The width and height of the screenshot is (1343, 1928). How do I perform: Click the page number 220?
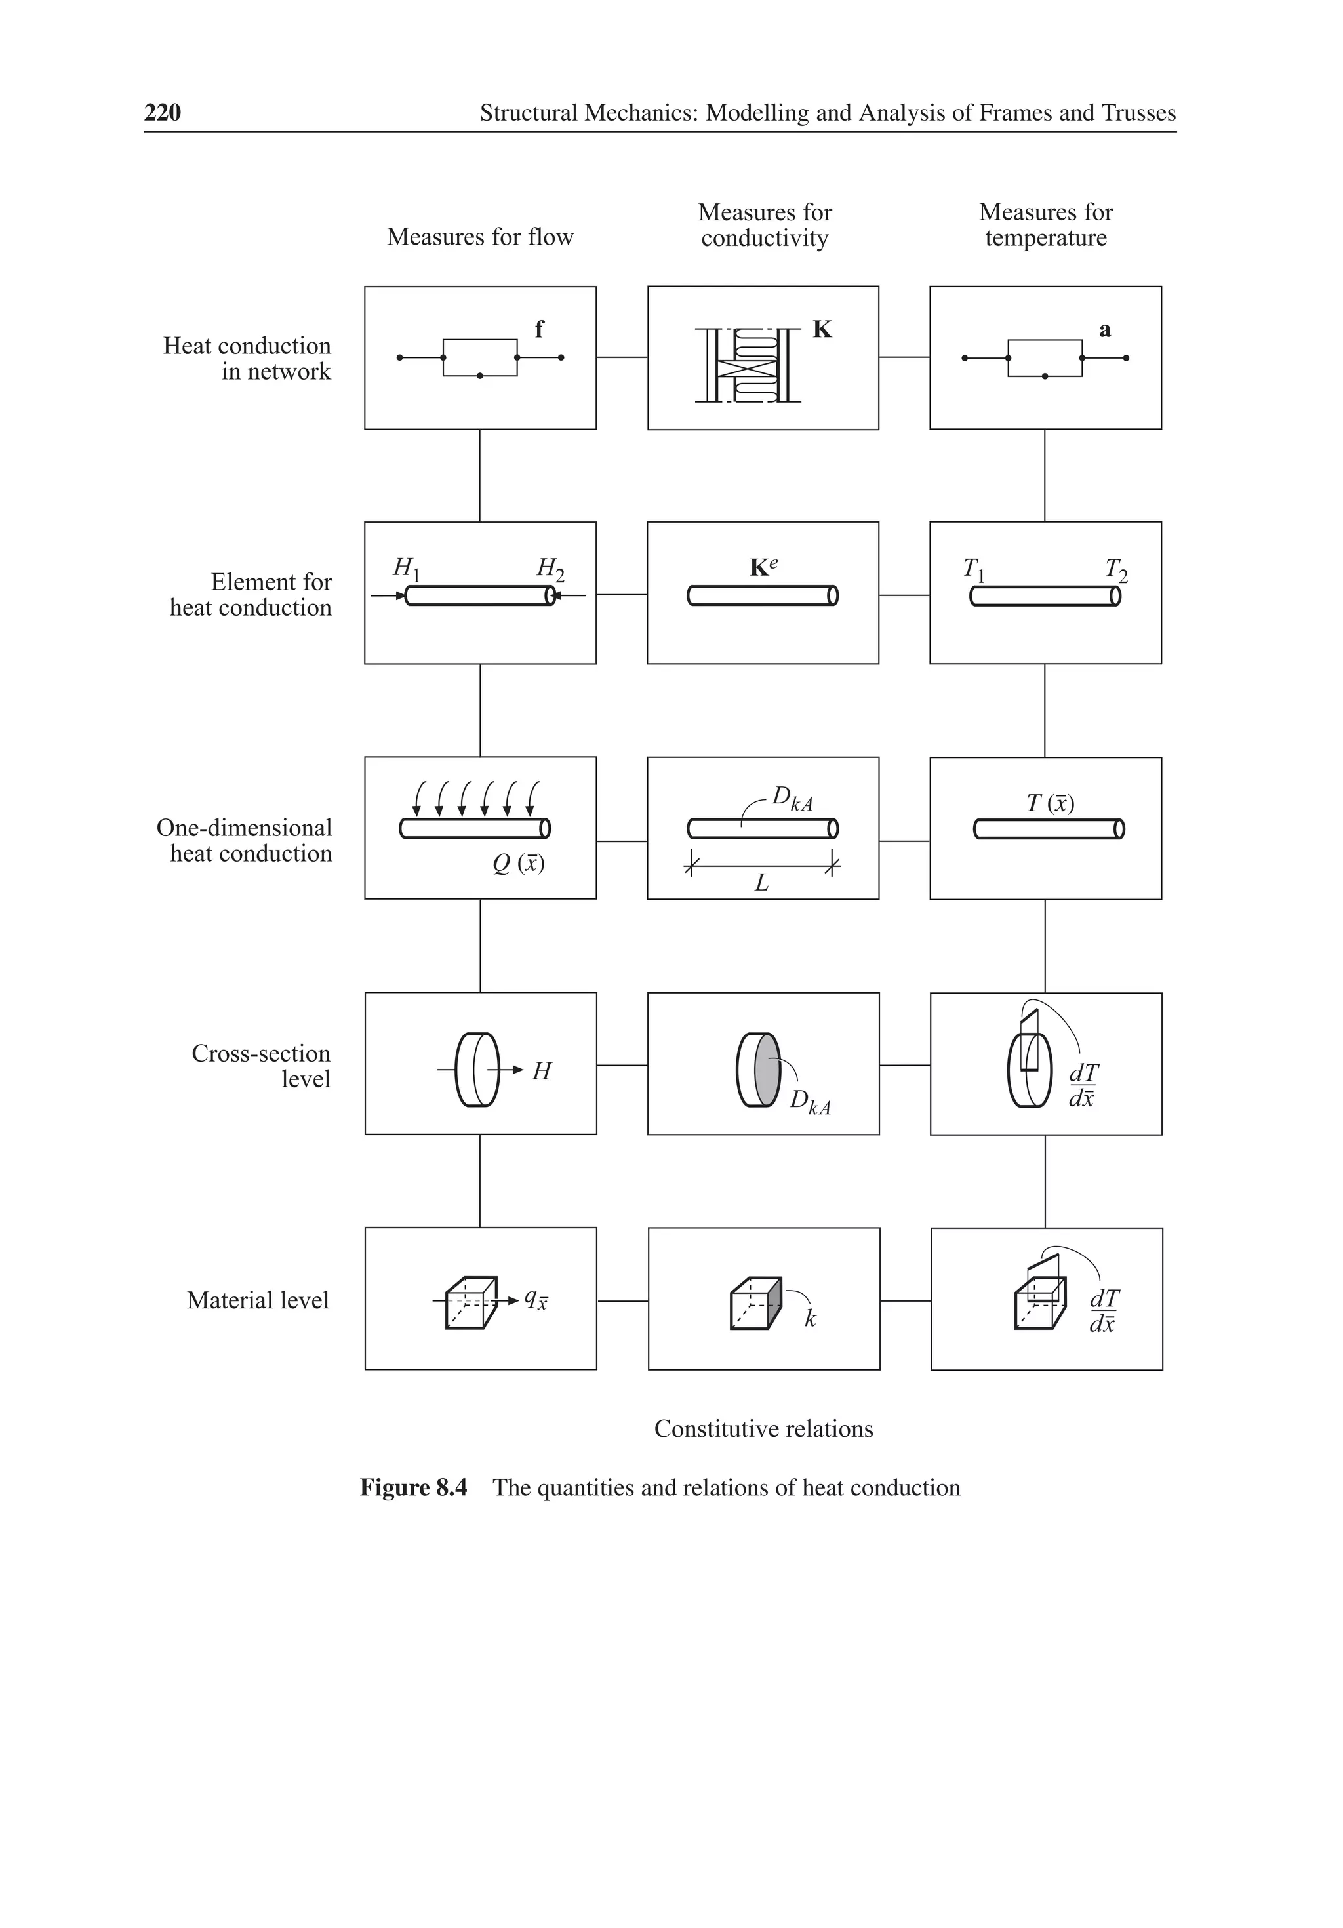click(162, 113)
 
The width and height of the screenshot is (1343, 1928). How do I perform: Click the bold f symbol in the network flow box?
click(538, 329)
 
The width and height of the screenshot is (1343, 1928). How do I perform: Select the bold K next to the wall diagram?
click(822, 329)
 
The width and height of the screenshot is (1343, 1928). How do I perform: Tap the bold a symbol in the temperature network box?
click(1104, 330)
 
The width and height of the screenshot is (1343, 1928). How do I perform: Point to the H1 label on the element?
click(406, 569)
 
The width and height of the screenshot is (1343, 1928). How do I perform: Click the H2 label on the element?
click(550, 569)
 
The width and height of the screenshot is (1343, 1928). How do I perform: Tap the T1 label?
click(972, 570)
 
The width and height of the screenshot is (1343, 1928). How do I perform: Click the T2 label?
click(1115, 570)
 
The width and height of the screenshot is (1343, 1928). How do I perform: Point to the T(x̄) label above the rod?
click(1050, 803)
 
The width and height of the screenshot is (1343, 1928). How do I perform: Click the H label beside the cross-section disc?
click(542, 1072)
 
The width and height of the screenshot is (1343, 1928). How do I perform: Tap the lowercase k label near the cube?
click(810, 1318)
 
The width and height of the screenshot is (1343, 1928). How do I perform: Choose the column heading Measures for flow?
click(479, 237)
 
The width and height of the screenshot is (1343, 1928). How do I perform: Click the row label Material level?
click(258, 1300)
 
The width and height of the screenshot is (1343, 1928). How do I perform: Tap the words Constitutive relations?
click(763, 1428)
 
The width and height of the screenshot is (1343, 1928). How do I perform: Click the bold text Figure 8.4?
click(412, 1487)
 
